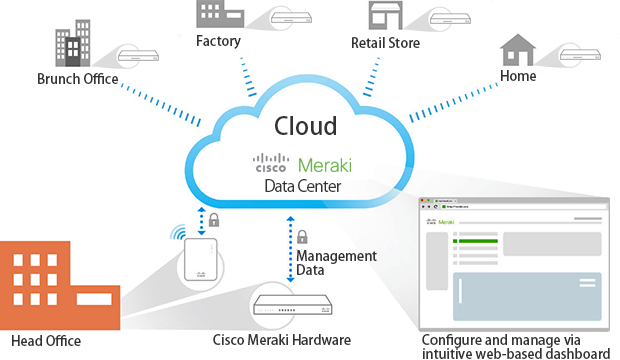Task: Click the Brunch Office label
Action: click(x=78, y=79)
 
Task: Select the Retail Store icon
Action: click(x=386, y=15)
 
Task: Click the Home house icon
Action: click(x=518, y=50)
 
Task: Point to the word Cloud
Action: click(x=306, y=126)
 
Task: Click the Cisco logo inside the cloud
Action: click(x=271, y=163)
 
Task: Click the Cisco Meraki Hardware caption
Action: click(x=282, y=340)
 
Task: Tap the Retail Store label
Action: click(x=385, y=43)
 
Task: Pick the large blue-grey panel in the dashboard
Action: click(x=526, y=297)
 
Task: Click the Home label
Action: click(x=518, y=76)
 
